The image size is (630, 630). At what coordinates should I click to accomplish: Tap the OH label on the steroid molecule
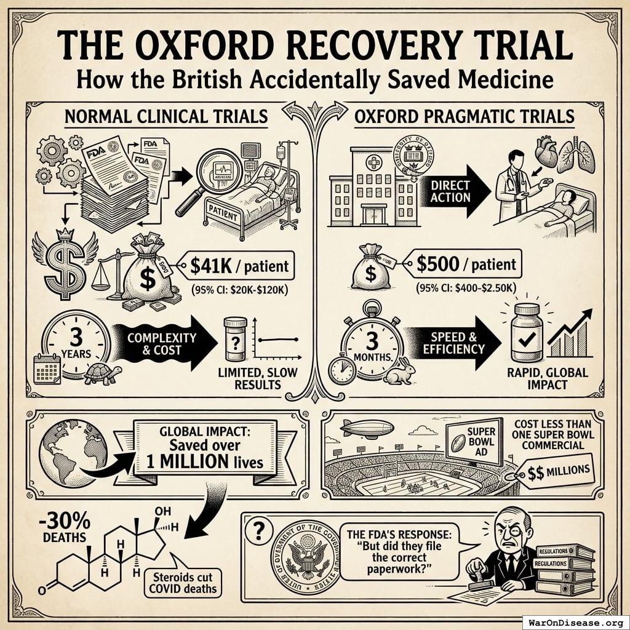(162, 512)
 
